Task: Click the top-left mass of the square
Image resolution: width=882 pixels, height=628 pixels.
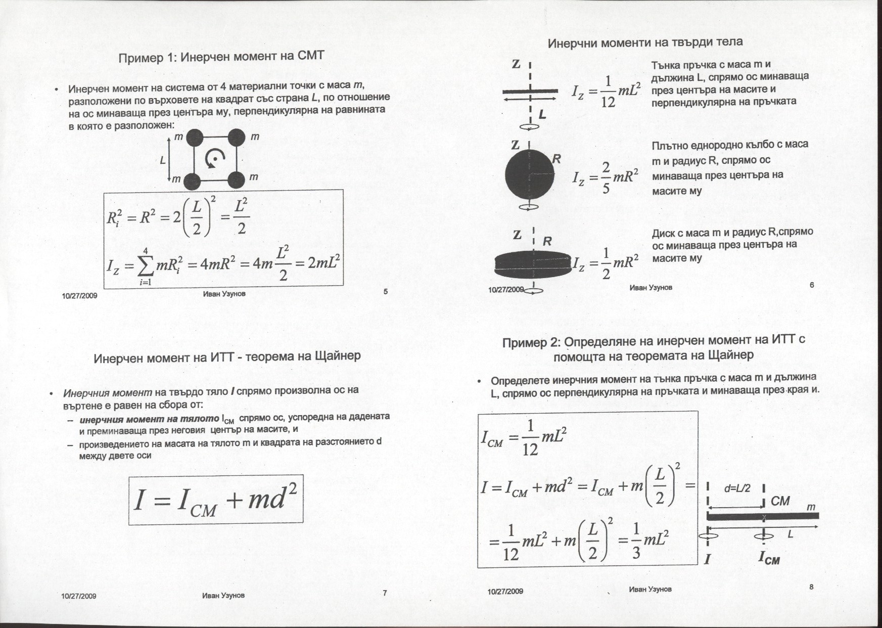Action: [195, 137]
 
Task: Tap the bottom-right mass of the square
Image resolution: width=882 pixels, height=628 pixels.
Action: [236, 180]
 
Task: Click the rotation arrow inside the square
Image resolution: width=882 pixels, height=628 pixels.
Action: [214, 159]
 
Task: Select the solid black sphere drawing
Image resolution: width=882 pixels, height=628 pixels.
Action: [529, 174]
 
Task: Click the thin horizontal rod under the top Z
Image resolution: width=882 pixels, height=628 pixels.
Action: [530, 92]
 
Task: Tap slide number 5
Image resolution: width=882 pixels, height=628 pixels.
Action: [386, 291]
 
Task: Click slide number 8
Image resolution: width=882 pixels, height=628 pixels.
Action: [811, 587]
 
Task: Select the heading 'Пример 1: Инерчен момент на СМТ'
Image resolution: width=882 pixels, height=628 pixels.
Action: [221, 57]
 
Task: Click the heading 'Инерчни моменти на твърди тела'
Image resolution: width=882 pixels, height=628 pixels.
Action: [645, 42]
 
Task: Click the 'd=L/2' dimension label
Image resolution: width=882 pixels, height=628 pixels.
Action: [737, 489]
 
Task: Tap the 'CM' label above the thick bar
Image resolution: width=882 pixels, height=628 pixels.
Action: [780, 501]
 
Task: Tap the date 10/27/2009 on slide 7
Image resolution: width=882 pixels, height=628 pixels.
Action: [79, 596]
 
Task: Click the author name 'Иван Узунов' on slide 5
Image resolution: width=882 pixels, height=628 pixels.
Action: [224, 294]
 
